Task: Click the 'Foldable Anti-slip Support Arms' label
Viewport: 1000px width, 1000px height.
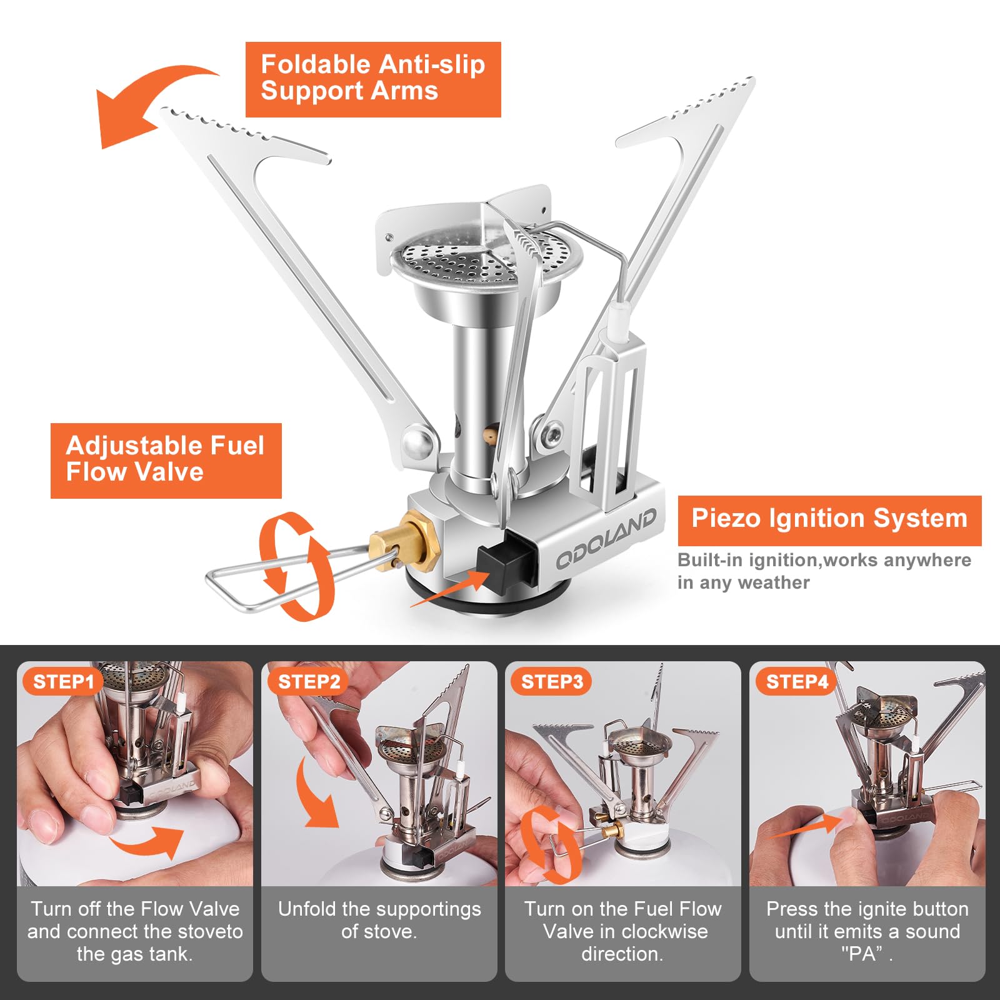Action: pyautogui.click(x=373, y=79)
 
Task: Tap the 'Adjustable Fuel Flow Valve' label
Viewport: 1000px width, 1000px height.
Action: pyautogui.click(x=166, y=461)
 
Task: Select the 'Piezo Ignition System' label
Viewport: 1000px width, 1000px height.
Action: pyautogui.click(x=829, y=520)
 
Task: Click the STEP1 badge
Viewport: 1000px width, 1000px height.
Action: pyautogui.click(x=63, y=681)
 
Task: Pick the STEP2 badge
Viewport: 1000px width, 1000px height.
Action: pyautogui.click(x=309, y=681)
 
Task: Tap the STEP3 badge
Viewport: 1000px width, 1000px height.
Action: pyautogui.click(x=552, y=681)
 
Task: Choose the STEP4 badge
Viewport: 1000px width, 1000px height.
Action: pyautogui.click(x=797, y=681)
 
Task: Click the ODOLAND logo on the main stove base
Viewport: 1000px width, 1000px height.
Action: pyautogui.click(x=606, y=537)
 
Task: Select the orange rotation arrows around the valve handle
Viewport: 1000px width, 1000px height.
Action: pyautogui.click(x=296, y=566)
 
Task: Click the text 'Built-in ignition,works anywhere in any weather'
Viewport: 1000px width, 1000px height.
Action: pyautogui.click(x=824, y=571)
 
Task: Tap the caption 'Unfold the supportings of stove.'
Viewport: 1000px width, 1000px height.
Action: pyautogui.click(x=379, y=920)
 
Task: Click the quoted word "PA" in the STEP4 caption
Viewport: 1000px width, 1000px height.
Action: pyautogui.click(x=862, y=954)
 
